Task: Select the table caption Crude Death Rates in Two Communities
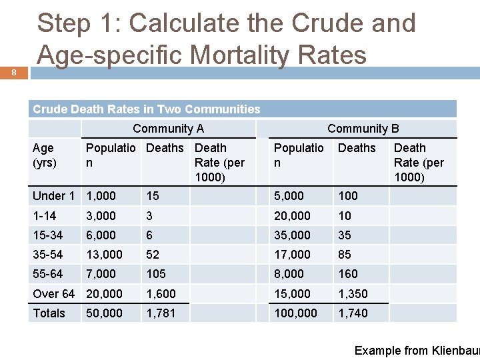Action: coord(147,109)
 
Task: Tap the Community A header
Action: coord(168,129)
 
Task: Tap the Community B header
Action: coord(363,129)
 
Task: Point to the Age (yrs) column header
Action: coord(44,155)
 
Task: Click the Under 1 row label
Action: coord(53,195)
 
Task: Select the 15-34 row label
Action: coord(47,235)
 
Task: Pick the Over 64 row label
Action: coord(53,293)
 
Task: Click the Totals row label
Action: coord(49,313)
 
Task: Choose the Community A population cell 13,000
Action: coord(104,254)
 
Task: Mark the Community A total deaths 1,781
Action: coord(161,313)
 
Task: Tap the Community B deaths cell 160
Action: coord(348,273)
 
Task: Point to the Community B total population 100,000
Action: coord(296,313)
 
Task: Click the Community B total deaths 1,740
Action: coord(353,313)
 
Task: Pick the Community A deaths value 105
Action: coord(156,273)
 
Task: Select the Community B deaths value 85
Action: coord(345,254)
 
